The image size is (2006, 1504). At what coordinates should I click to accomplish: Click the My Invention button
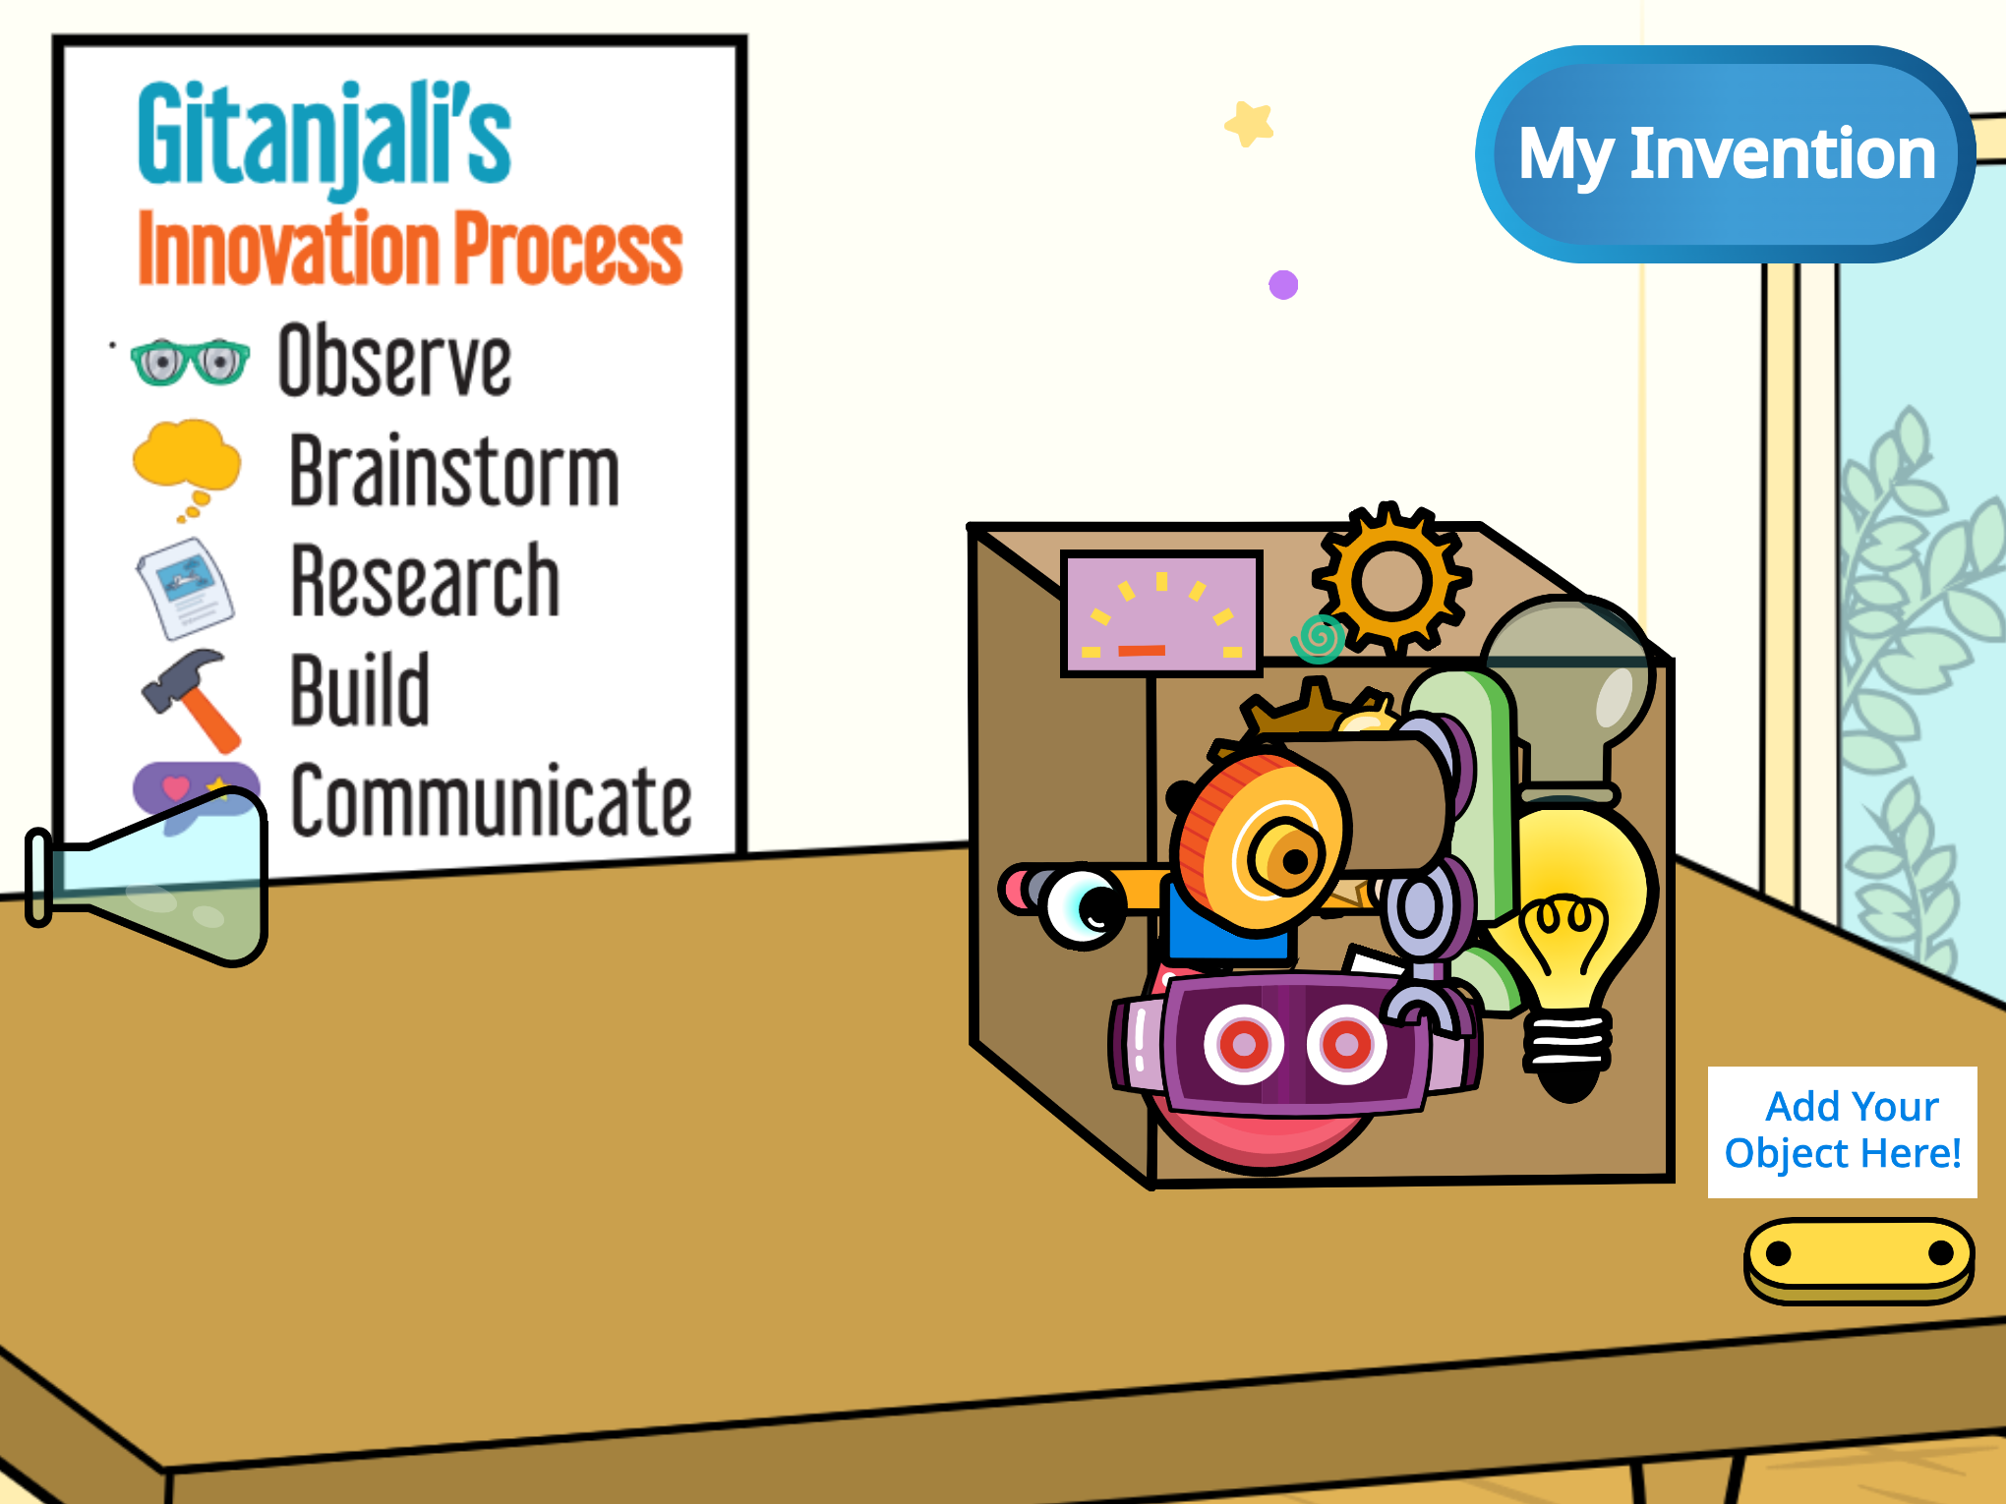point(1726,154)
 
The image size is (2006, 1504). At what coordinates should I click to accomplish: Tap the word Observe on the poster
point(394,361)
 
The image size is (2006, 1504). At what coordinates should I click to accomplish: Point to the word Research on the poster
point(426,581)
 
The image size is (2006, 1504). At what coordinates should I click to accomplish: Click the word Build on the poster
point(360,689)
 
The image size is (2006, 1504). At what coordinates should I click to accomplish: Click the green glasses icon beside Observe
point(190,362)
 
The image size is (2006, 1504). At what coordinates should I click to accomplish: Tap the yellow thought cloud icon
point(186,467)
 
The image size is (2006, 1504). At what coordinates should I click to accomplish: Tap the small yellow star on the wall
point(1250,124)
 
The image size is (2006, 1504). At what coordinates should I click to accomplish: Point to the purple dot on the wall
point(1283,285)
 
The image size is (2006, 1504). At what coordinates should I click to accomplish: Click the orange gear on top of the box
point(1392,580)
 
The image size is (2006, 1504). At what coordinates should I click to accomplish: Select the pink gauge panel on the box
point(1161,613)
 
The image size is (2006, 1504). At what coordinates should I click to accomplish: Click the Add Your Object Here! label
point(1843,1131)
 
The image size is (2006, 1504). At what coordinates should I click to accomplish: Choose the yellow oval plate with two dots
point(1859,1260)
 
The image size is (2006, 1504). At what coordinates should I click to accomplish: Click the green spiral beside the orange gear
point(1319,639)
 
